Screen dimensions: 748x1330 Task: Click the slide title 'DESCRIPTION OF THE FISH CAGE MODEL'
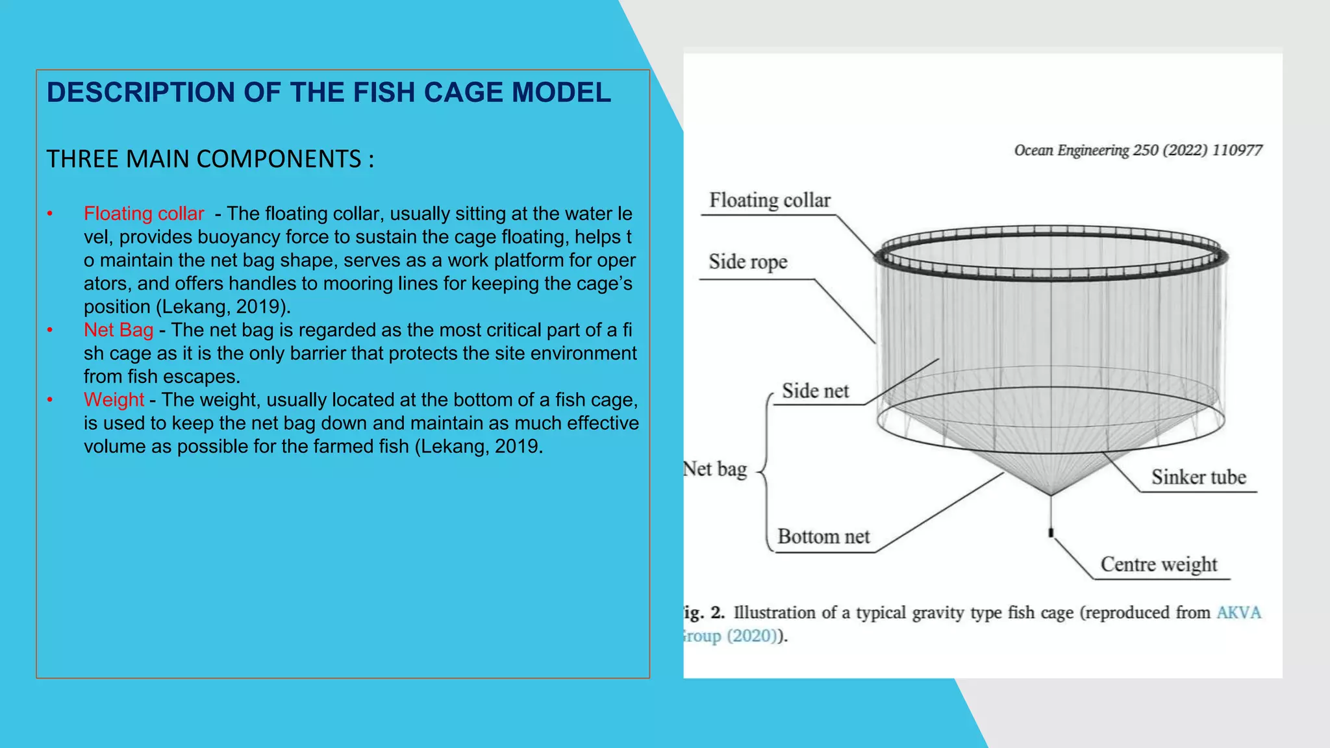tap(329, 93)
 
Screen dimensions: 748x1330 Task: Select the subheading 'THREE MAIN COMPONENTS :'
tap(210, 159)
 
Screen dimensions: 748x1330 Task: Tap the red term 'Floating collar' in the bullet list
tap(144, 214)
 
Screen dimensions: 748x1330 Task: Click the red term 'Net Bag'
tap(118, 330)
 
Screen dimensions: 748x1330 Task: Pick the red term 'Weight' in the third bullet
tap(114, 399)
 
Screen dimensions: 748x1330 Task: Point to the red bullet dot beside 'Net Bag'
tap(50, 330)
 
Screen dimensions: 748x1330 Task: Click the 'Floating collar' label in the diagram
tap(770, 200)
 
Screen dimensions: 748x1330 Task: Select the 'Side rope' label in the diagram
tap(747, 262)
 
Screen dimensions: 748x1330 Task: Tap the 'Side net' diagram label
tap(815, 391)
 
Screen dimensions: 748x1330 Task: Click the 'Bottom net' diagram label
tap(823, 536)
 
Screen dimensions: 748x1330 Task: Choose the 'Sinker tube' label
tap(1199, 477)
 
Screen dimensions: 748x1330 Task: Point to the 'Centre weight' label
tap(1159, 564)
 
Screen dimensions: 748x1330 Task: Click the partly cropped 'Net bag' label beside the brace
tap(716, 469)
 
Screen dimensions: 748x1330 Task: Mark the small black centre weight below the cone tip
tap(1051, 533)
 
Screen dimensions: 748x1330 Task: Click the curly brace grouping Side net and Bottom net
tap(766, 471)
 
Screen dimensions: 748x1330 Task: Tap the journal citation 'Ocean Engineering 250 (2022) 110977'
tap(1138, 151)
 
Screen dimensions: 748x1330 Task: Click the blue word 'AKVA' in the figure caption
tap(1238, 612)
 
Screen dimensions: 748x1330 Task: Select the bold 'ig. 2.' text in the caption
tap(704, 612)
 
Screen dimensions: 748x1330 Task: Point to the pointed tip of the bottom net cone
tap(1051, 495)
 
